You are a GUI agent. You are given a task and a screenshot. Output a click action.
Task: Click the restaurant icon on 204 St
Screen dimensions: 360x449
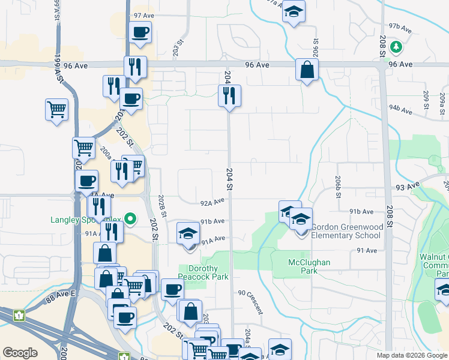(229, 95)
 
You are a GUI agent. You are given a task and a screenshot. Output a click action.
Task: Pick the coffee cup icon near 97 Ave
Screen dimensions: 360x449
(140, 32)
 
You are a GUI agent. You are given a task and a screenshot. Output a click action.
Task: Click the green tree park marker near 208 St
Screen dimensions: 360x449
(395, 46)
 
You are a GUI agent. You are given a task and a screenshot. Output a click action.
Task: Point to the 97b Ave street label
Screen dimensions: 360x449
(400, 28)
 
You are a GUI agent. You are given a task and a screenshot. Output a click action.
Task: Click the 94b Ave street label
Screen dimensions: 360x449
(400, 109)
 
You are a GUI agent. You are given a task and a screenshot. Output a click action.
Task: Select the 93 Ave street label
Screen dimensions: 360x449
(407, 187)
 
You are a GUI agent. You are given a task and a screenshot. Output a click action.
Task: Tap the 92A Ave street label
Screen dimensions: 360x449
(212, 203)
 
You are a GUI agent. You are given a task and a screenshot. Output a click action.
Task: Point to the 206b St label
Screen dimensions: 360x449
(339, 184)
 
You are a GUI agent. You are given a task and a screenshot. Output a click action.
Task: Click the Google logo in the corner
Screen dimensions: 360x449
(20, 353)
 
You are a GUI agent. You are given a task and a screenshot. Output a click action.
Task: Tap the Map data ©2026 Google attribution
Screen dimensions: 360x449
(412, 355)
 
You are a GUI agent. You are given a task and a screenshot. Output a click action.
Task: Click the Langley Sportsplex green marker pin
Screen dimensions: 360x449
(130, 220)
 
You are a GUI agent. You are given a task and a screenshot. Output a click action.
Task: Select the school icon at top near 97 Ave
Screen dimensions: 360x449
(294, 11)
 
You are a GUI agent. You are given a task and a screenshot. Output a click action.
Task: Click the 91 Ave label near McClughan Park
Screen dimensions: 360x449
(367, 250)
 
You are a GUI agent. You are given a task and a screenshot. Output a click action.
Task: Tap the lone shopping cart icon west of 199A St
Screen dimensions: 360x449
(56, 110)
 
